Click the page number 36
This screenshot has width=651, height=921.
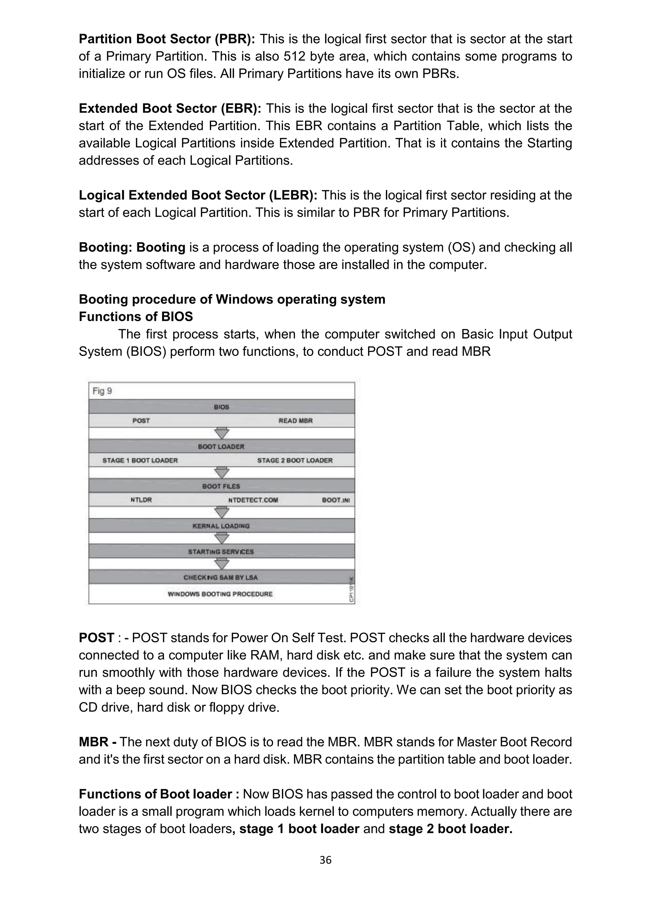click(x=325, y=860)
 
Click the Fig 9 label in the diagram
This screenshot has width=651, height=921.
click(x=102, y=391)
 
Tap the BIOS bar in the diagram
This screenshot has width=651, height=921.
click(x=221, y=407)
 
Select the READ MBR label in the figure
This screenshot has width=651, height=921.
click(x=295, y=420)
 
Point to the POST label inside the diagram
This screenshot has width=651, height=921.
click(x=141, y=420)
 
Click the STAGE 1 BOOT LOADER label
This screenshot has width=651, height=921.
click(x=140, y=460)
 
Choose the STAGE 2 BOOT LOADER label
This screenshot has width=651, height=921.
click(x=295, y=460)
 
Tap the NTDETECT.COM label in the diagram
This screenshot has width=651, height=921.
click(x=253, y=500)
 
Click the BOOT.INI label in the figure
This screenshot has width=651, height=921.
click(x=336, y=500)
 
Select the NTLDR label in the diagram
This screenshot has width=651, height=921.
click(x=141, y=500)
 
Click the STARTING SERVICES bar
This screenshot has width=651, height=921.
click(x=221, y=551)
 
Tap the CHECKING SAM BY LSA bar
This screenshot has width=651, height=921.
click(x=221, y=577)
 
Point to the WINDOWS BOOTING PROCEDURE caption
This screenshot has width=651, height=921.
click(x=220, y=594)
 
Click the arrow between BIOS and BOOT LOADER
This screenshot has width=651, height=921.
click(x=222, y=433)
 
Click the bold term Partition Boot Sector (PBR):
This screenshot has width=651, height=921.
click(x=167, y=39)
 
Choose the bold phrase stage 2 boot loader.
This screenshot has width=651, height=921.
click(x=450, y=828)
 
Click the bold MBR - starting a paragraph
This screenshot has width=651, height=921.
click(x=97, y=742)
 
